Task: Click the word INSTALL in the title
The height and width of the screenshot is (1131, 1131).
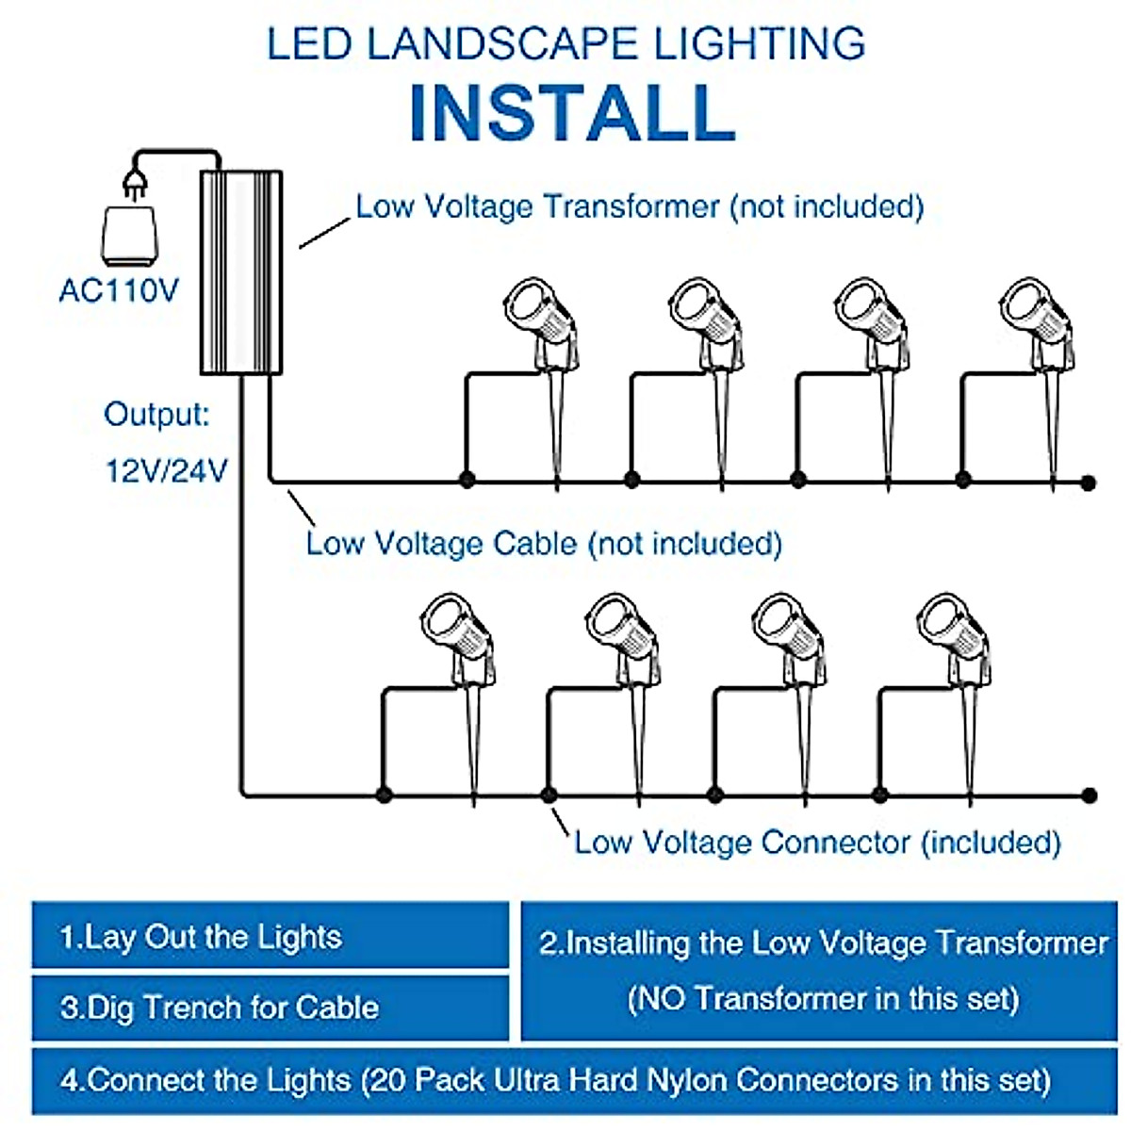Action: click(x=572, y=113)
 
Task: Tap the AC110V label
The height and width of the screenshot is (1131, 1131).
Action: click(x=119, y=290)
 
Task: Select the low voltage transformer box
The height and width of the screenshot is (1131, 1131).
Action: click(x=241, y=272)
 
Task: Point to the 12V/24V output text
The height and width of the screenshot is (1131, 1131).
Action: click(x=166, y=469)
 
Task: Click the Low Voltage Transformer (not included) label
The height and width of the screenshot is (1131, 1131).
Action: click(x=639, y=206)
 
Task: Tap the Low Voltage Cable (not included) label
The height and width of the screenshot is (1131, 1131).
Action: click(x=544, y=544)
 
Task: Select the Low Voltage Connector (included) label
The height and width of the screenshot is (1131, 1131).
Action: click(x=817, y=842)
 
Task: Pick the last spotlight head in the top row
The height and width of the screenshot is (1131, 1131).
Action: click(x=1031, y=311)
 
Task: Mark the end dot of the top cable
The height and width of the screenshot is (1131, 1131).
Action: click(x=1089, y=483)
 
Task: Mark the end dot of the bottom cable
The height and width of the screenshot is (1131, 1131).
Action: click(x=1090, y=795)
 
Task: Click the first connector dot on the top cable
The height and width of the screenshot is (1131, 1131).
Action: click(x=467, y=480)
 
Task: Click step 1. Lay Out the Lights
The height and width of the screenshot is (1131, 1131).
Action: click(x=201, y=937)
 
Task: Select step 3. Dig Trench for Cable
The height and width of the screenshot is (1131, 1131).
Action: click(x=220, y=1008)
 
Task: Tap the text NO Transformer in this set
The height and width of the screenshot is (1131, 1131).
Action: click(x=823, y=998)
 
